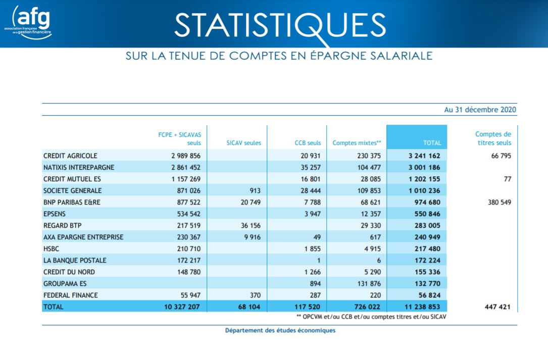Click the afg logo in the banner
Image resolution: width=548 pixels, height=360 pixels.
click(28, 22)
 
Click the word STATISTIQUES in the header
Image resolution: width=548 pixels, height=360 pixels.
click(280, 26)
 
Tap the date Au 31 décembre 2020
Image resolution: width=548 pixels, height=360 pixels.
click(480, 110)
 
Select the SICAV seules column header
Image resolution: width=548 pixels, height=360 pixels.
click(243, 143)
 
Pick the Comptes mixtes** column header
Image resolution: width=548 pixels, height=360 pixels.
click(357, 143)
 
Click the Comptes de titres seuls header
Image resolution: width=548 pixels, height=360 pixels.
click(493, 138)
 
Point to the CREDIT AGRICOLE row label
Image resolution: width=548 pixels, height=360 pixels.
click(70, 156)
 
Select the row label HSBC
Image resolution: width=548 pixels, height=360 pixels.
click(51, 249)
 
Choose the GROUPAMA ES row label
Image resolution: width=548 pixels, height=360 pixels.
click(65, 284)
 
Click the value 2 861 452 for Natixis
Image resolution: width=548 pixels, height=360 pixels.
click(185, 168)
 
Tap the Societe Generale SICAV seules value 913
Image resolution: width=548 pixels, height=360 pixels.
click(255, 191)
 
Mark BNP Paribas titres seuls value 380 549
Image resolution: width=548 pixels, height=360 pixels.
click(500, 202)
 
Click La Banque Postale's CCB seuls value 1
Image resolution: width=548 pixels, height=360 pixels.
click(319, 261)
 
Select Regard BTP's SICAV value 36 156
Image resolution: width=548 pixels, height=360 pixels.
click(251, 226)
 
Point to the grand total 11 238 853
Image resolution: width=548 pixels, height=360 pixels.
click(422, 307)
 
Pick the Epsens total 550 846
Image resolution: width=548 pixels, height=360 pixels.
click(427, 214)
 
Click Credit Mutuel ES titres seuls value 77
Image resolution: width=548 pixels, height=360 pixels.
click(508, 179)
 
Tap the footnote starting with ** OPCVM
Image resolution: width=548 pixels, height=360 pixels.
click(371, 317)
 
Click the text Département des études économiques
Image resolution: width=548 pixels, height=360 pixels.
click(280, 331)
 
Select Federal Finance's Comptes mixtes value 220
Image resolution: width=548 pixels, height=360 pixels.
click(375, 295)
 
